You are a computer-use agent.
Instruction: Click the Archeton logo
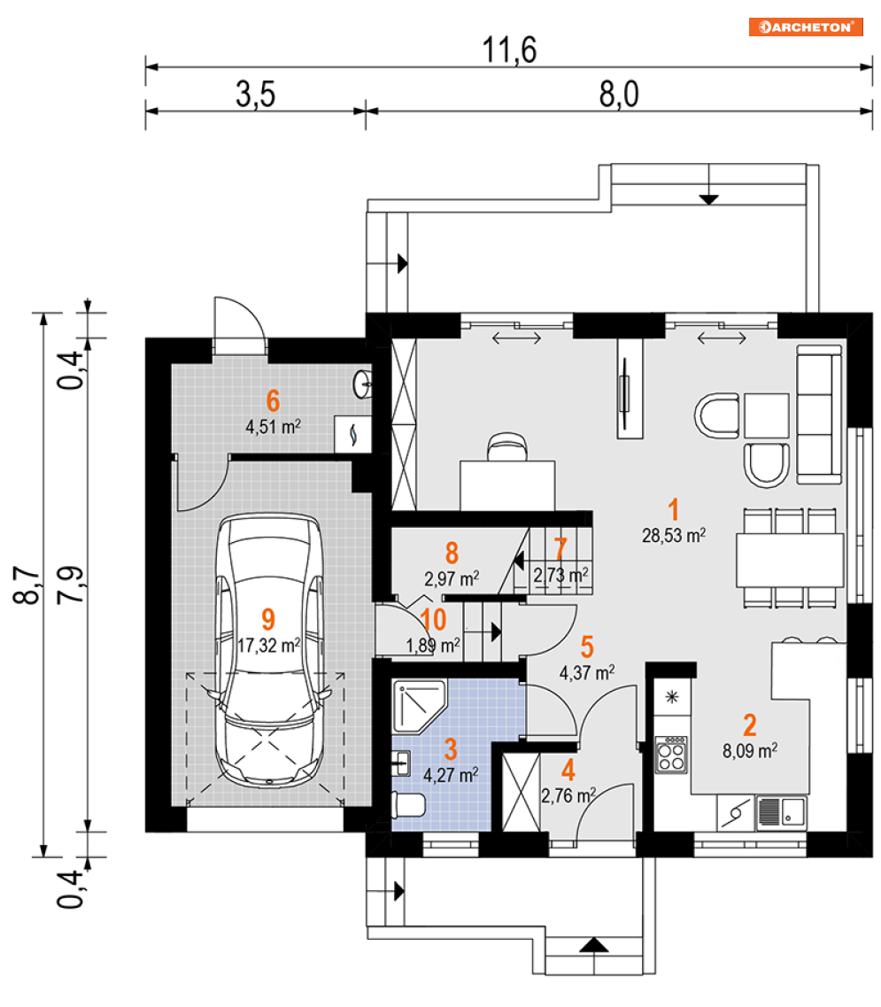point(806,27)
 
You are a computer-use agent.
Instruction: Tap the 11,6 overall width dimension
point(510,50)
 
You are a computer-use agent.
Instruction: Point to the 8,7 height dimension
point(27,585)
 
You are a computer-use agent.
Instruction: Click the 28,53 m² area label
point(673,534)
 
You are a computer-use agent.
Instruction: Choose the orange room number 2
point(750,724)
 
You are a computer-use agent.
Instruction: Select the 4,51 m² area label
point(273,424)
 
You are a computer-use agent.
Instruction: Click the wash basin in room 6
point(363,383)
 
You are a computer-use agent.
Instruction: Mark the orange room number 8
point(452,554)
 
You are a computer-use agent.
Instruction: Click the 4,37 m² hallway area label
point(587,673)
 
